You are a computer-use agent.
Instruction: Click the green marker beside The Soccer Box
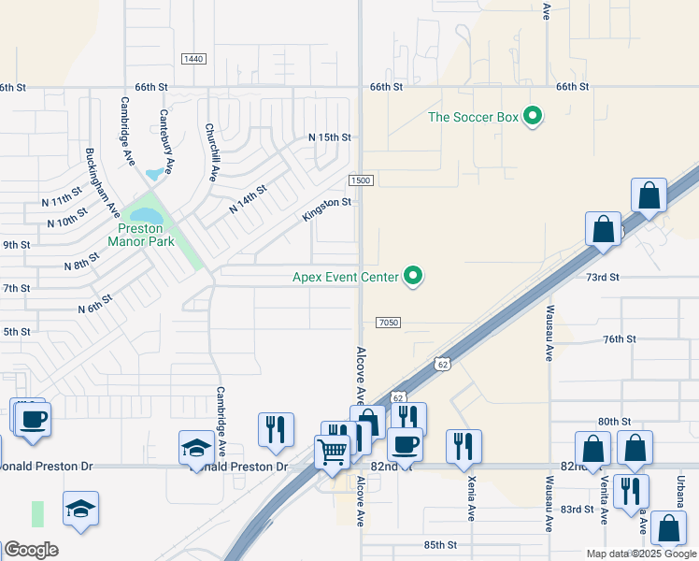coord(533,117)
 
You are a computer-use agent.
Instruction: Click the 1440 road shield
coord(193,59)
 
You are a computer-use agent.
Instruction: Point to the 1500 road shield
coord(362,180)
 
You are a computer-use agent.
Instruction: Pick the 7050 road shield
coord(389,323)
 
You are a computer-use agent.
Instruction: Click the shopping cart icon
coord(334,453)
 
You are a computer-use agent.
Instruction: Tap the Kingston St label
coord(326,209)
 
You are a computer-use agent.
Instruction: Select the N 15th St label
coord(330,137)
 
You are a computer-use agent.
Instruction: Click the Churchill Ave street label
coord(213,152)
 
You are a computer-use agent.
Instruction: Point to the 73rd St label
coord(603,278)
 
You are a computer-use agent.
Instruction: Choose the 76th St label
coord(619,339)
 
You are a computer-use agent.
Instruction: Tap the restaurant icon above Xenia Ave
coord(464,446)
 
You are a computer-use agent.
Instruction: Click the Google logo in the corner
coord(30,549)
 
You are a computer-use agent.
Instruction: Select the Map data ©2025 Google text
coord(640,554)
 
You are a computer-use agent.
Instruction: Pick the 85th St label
coord(439,544)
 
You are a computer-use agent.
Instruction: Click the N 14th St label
coord(248,199)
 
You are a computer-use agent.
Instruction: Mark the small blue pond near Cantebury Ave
coord(152,175)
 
